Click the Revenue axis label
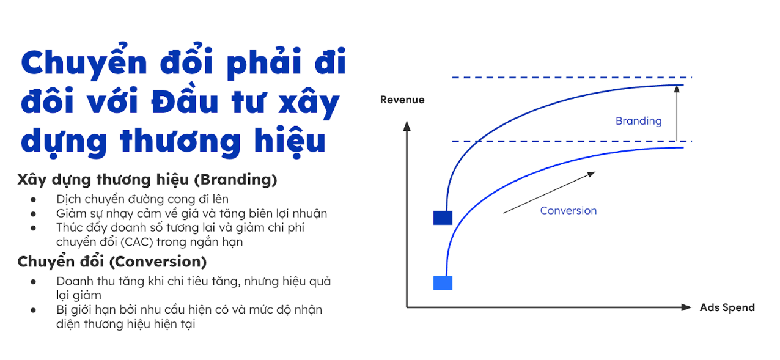pos(402,100)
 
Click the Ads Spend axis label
pos(727,308)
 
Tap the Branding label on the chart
pos(639,121)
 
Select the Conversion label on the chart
pos(568,211)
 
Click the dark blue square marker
pos(443,218)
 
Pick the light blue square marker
pos(443,283)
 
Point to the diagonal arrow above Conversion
pos(549,193)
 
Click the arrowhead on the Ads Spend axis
pos(686,307)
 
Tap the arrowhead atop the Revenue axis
pos(407,126)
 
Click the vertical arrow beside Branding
pos(677,113)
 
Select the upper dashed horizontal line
pos(572,77)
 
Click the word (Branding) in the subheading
pos(235,180)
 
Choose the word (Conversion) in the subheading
pos(158,262)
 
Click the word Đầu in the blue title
pos(185,101)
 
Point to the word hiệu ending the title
pos(290,142)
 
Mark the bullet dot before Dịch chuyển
pos(34,199)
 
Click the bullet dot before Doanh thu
pos(34,282)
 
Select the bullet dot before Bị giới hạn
pos(34,310)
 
